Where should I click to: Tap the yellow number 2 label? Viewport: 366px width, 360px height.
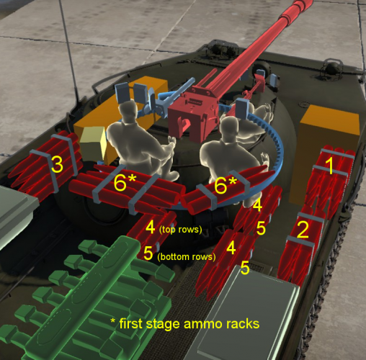point(303,230)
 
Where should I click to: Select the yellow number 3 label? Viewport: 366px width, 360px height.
point(56,165)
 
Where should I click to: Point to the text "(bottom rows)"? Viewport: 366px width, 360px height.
point(187,256)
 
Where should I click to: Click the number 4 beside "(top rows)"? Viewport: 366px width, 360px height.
point(150,227)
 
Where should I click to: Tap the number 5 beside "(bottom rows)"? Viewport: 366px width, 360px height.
point(148,253)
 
